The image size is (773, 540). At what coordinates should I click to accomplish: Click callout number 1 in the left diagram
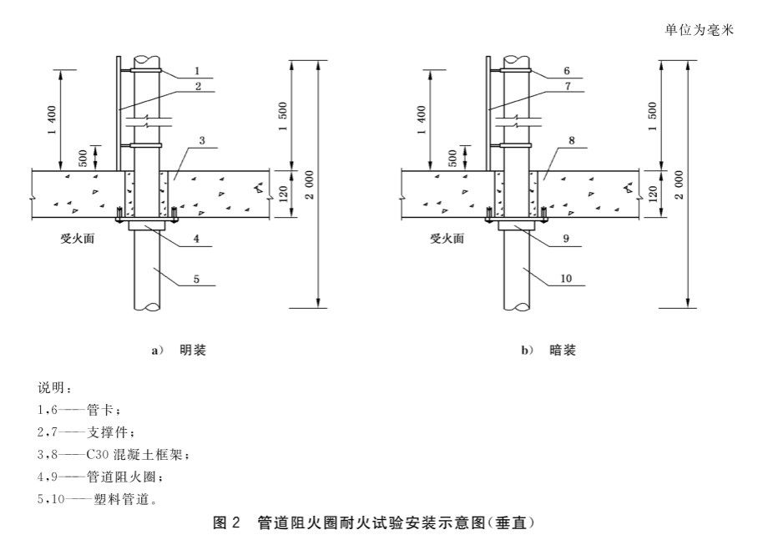click(197, 71)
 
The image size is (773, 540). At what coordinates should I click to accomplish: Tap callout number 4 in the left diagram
click(196, 239)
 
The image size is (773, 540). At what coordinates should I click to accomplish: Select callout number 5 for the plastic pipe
click(196, 280)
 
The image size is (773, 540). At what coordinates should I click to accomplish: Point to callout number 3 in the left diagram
click(202, 140)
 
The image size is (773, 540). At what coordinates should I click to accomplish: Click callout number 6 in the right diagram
click(567, 71)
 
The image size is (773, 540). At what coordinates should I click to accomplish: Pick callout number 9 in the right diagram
click(566, 239)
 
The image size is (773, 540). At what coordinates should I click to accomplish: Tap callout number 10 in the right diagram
click(566, 279)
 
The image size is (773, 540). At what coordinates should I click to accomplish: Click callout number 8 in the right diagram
click(571, 140)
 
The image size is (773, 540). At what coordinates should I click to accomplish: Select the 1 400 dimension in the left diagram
click(53, 119)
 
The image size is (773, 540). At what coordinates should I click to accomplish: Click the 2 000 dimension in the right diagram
click(680, 184)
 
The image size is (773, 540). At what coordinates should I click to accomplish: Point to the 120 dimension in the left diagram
click(283, 194)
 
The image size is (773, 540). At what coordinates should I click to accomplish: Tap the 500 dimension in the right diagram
click(452, 158)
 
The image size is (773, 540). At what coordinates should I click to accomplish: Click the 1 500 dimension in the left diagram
click(283, 117)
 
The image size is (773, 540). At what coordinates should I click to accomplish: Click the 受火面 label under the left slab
click(77, 239)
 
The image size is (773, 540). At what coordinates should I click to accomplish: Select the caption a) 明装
click(179, 351)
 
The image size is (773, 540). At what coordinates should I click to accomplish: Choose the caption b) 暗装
click(548, 351)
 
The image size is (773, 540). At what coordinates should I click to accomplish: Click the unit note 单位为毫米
click(699, 30)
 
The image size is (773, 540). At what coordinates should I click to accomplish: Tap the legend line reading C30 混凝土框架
click(113, 454)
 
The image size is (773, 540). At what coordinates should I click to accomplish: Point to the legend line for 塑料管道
click(98, 499)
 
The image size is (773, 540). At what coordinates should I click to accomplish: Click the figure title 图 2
click(226, 522)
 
